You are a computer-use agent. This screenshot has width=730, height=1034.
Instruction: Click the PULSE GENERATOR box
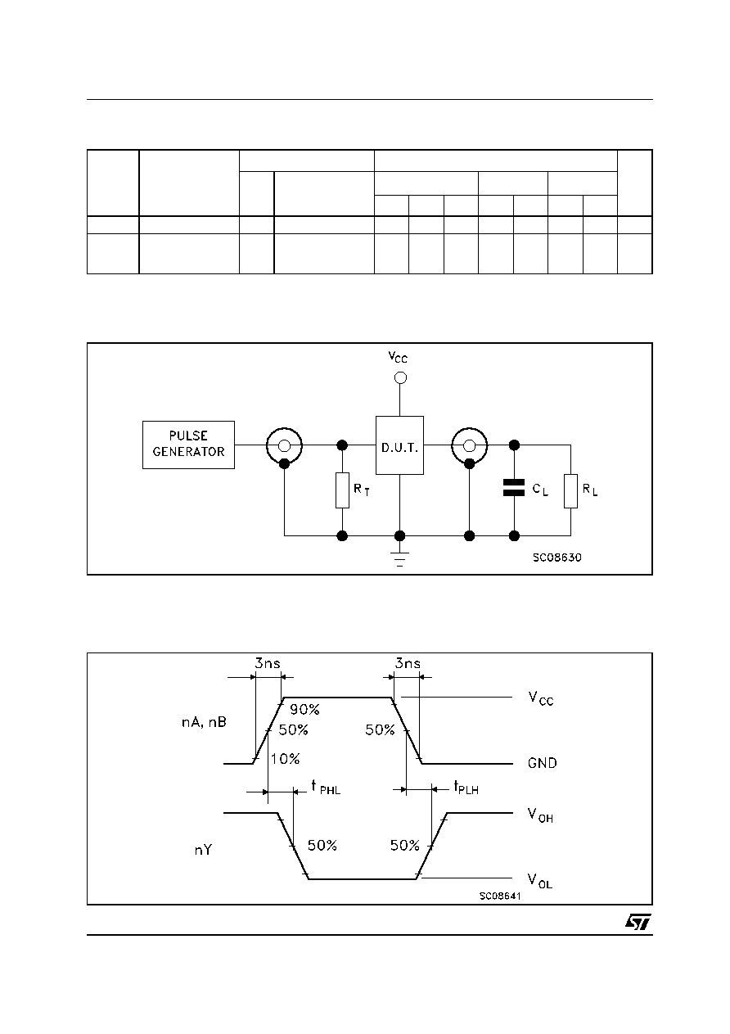[188, 445]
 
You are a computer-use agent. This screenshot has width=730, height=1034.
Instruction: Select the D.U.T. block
[399, 445]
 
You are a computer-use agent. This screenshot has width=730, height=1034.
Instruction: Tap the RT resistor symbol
[342, 490]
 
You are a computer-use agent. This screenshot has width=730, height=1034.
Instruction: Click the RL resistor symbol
[570, 490]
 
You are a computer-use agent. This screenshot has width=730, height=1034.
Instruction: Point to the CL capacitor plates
[514, 487]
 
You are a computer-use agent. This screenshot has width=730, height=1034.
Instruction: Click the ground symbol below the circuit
[399, 558]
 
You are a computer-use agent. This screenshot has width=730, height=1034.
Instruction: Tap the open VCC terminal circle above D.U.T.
[400, 377]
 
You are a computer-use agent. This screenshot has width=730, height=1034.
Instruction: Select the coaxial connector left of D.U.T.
[284, 446]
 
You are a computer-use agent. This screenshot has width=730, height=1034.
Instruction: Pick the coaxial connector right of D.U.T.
[469, 446]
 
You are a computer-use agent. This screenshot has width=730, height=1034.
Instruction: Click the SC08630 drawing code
[557, 558]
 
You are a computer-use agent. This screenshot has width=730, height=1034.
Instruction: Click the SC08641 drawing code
[500, 896]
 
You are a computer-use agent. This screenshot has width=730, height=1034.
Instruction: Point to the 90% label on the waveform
[304, 709]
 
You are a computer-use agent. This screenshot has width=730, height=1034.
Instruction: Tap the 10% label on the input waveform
[285, 758]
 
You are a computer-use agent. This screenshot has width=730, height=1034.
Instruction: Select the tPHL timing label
[326, 787]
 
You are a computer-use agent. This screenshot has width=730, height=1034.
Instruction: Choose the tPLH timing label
[466, 787]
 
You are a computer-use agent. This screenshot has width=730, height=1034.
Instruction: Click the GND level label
[543, 762]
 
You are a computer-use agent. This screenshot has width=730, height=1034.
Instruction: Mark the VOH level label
[540, 815]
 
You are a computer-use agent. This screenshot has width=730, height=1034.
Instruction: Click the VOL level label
[540, 881]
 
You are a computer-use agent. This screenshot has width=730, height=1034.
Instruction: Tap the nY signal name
[203, 849]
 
